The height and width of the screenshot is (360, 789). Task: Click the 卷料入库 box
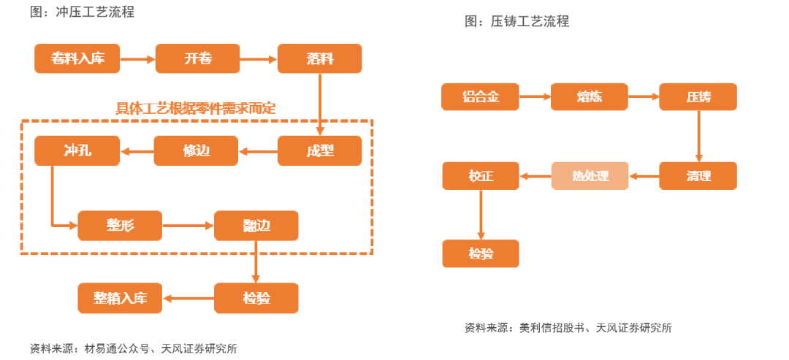pos(77,58)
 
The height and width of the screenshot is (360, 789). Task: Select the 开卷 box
pos(197,58)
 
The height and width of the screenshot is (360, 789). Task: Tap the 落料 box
pos(319,58)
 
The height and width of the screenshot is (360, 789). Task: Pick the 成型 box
pos(319,151)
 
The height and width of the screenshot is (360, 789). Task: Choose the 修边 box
pos(196,151)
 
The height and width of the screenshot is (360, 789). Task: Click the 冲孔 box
pos(77,151)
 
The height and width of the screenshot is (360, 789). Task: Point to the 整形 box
pos(119,226)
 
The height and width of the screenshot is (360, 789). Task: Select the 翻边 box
pos(256,226)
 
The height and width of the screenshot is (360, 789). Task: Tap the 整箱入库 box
pos(120,298)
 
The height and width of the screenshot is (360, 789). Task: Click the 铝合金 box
pos(480,96)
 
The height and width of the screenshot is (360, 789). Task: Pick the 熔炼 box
pos(589,96)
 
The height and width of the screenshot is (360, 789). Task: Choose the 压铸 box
pos(698,96)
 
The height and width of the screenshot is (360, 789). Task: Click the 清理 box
pos(698,176)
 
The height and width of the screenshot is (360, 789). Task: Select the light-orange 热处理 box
pos(590,176)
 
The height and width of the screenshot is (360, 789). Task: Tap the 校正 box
pos(481,176)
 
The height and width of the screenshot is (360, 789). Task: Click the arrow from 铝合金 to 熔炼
pos(535,96)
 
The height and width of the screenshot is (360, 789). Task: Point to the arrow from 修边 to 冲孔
pos(137,151)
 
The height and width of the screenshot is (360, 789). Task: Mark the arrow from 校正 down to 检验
pos(481,215)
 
